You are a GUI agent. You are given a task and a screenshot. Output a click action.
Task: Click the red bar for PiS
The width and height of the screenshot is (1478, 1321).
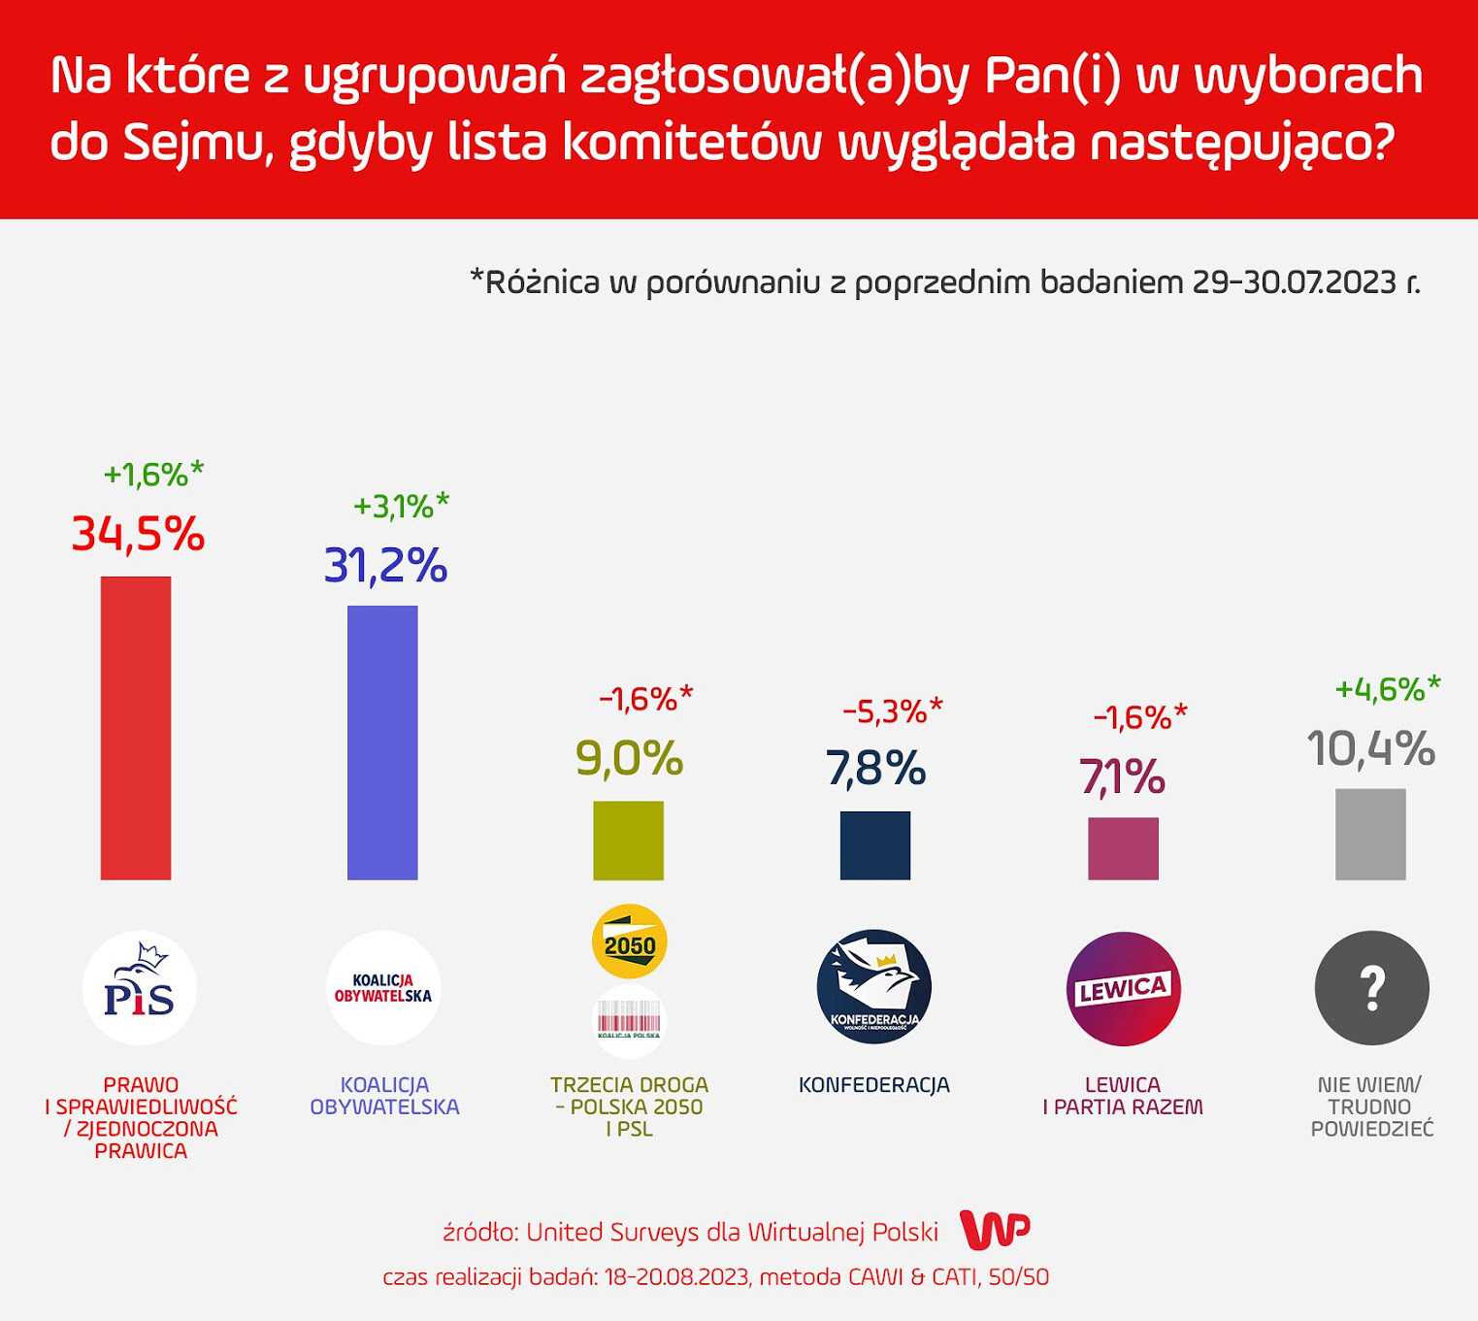(x=136, y=728)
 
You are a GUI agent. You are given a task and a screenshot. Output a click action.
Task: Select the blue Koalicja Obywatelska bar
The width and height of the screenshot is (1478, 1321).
(x=382, y=743)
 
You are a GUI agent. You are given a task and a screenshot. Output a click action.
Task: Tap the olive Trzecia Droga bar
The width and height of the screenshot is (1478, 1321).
(x=628, y=841)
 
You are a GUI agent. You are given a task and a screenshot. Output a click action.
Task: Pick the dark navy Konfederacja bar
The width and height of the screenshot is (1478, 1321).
(x=874, y=845)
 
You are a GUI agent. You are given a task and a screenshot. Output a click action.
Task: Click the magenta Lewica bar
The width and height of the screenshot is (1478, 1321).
(x=1123, y=848)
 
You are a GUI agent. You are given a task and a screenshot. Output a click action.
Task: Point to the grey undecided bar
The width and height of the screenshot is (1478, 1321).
(x=1370, y=835)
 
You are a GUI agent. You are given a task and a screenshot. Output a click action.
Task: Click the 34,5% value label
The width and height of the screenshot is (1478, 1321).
(x=138, y=534)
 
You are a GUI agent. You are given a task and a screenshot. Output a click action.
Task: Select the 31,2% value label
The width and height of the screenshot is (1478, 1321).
(x=385, y=565)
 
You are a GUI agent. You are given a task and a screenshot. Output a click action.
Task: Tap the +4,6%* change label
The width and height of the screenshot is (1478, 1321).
(x=1388, y=689)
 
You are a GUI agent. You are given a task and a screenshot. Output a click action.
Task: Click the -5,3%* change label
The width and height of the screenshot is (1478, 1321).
(x=892, y=711)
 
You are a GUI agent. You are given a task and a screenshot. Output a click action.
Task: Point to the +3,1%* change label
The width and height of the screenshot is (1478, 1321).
(x=401, y=506)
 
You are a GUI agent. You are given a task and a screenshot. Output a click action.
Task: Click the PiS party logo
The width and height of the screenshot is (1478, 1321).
(x=140, y=988)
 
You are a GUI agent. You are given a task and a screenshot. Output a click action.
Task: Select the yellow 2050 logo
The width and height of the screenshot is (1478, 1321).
(x=629, y=941)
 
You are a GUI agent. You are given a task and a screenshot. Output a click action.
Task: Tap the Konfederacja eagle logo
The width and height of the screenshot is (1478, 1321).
(x=874, y=987)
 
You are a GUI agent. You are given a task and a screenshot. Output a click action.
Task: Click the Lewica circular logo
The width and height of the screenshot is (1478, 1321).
(x=1123, y=988)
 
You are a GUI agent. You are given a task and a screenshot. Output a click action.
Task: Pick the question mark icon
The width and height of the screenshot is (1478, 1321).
(x=1371, y=988)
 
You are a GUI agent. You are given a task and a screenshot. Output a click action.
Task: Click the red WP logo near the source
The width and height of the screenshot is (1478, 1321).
(x=995, y=1231)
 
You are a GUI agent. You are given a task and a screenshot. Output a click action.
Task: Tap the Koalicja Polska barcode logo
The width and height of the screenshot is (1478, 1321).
(x=629, y=1022)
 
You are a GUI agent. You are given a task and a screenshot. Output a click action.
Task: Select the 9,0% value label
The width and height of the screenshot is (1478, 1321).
(x=629, y=758)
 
